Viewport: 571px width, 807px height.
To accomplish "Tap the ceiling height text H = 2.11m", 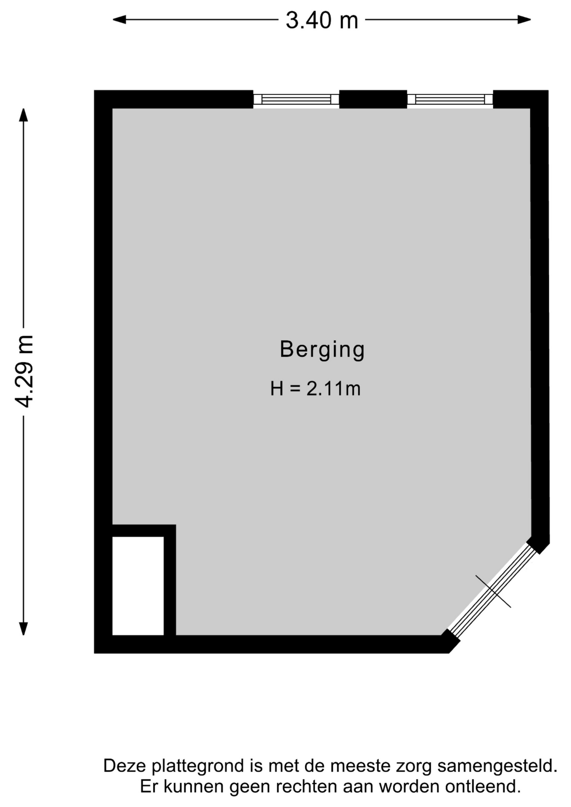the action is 315,389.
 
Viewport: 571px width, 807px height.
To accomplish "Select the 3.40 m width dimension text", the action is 322,20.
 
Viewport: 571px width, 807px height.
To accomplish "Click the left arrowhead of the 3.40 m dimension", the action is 119,19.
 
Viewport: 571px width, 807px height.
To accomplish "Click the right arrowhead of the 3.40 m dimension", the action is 524,19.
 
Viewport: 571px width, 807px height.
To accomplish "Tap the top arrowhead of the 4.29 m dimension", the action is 24,115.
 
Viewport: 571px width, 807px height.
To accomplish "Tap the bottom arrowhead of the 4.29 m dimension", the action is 24,628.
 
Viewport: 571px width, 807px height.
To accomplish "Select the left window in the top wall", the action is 296,99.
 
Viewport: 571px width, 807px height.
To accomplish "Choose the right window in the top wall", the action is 450,99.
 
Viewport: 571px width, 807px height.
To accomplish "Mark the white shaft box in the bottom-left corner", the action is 138,585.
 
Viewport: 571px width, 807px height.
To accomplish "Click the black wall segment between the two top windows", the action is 373,99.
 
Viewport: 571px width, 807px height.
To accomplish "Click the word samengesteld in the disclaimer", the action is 497,766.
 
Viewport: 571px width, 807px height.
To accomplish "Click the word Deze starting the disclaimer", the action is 125,766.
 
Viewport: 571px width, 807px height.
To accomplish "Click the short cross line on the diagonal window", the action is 493,591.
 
